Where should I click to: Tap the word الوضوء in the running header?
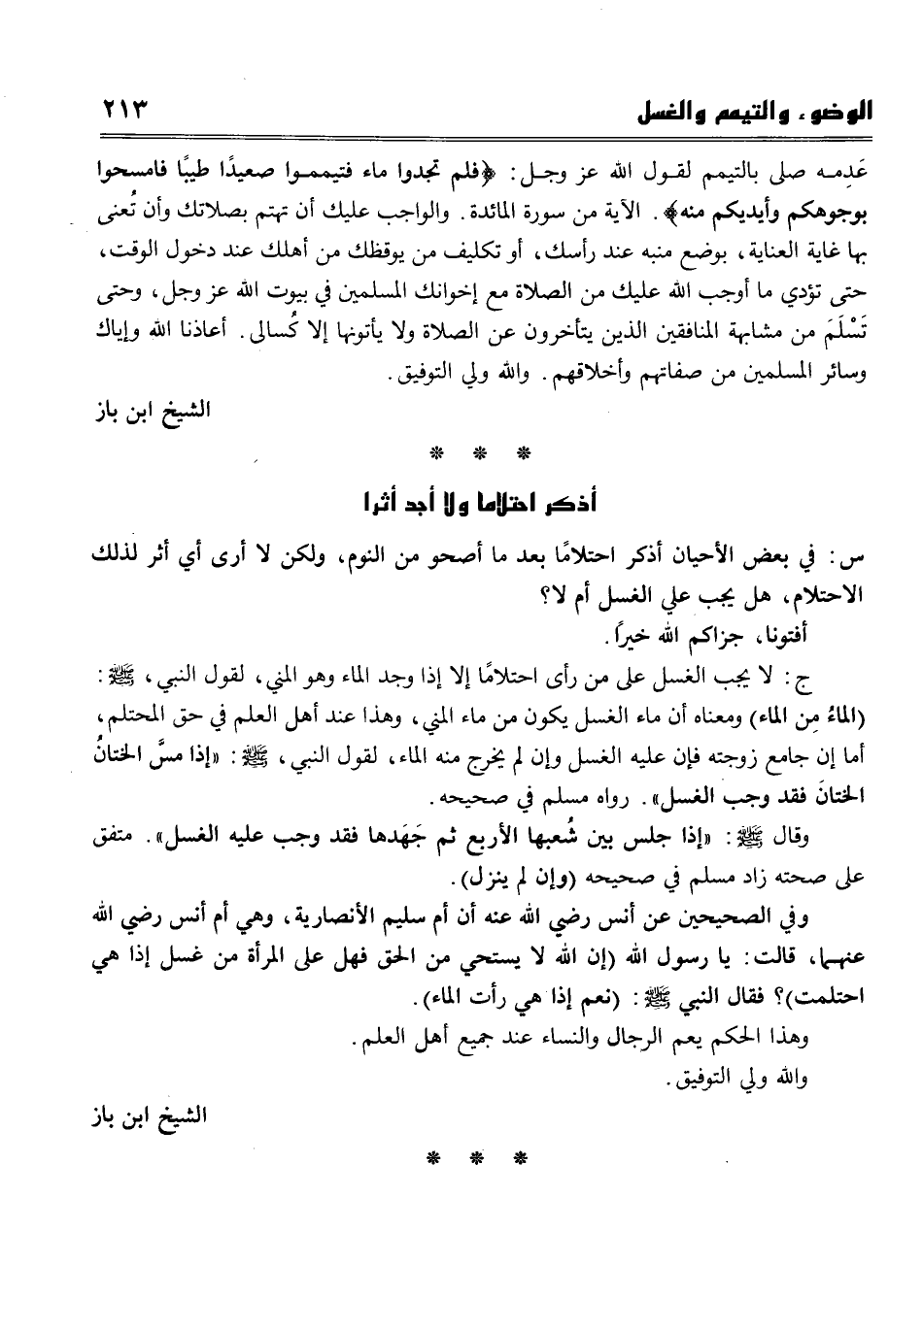click(x=837, y=115)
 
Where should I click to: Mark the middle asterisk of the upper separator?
click(x=475, y=453)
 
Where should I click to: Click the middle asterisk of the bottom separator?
click(x=475, y=1158)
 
